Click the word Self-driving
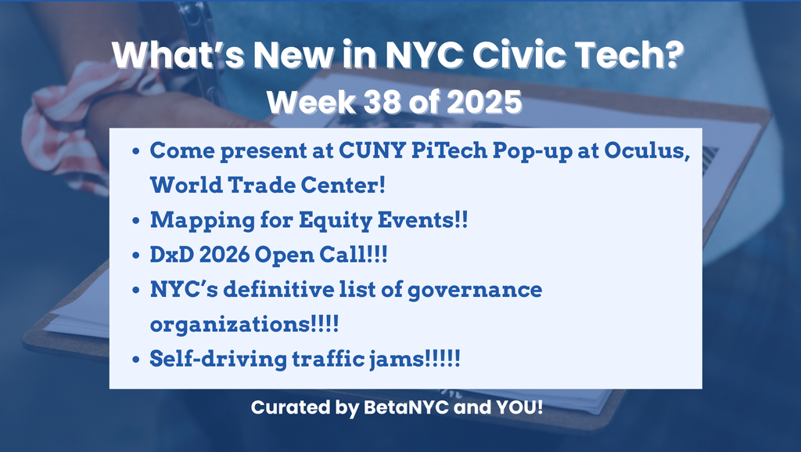tap(218, 359)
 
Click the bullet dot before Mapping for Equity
tap(136, 221)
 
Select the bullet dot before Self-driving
tap(136, 360)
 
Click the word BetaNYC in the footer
tap(406, 407)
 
